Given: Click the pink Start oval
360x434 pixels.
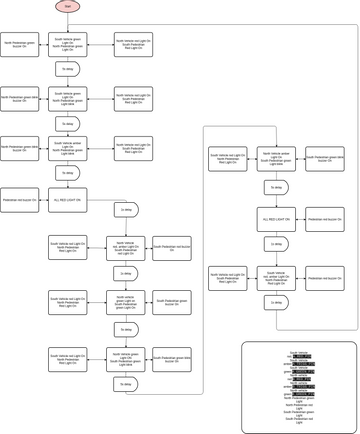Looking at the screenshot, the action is click(x=67, y=6).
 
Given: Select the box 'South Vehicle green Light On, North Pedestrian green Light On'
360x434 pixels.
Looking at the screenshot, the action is click(x=67, y=44).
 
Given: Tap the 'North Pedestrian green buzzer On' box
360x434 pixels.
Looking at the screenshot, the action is click(x=19, y=44).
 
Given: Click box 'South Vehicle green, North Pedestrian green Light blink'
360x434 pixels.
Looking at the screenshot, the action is click(x=67, y=98).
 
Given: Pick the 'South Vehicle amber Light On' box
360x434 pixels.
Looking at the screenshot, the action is click(x=67, y=148).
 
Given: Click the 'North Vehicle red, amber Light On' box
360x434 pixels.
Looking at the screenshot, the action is click(x=125, y=248).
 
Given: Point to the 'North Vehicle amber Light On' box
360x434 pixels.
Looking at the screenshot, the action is click(x=276, y=159).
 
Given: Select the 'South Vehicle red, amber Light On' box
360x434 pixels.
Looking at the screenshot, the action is click(x=276, y=278).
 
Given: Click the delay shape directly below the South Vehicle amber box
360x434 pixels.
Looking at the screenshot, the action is click(x=67, y=173).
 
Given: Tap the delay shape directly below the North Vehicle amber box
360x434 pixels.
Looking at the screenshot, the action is click(x=276, y=187).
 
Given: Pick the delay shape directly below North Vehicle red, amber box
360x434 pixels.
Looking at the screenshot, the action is click(x=125, y=273).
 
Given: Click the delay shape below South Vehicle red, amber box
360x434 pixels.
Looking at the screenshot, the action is click(x=276, y=302).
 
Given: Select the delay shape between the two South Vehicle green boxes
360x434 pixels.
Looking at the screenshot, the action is click(x=67, y=70).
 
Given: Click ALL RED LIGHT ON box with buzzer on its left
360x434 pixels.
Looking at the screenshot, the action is click(x=67, y=200).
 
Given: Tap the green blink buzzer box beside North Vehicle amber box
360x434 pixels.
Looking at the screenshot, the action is click(x=324, y=159).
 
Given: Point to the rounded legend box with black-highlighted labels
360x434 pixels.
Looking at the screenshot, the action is click(x=298, y=387).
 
